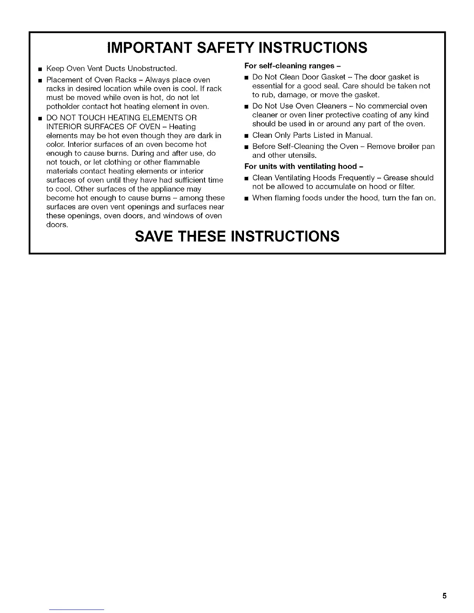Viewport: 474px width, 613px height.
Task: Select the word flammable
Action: (x=180, y=162)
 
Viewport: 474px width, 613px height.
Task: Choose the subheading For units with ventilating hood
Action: (x=304, y=166)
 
